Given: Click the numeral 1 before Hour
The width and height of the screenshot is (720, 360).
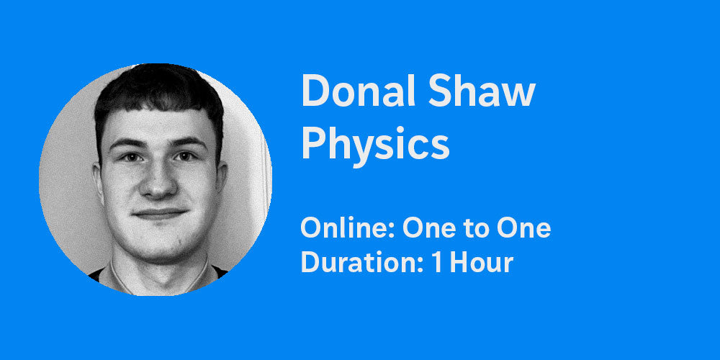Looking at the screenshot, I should [x=437, y=262].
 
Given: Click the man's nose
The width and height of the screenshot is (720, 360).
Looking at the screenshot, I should [x=157, y=184].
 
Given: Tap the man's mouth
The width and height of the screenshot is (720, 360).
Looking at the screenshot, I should [x=159, y=214].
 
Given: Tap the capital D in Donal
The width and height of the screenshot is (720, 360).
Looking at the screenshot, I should [x=315, y=91].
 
